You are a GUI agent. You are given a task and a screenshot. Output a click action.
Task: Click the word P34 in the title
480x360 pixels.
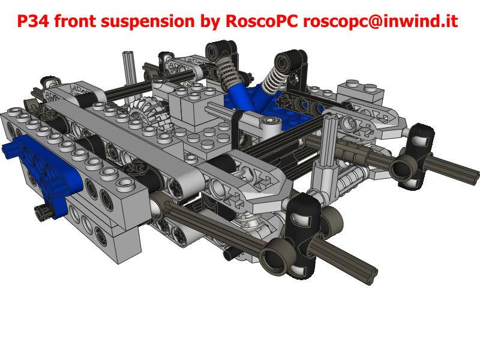[x=33, y=21]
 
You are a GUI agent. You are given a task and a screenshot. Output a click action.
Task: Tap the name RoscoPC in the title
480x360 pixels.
[x=262, y=21]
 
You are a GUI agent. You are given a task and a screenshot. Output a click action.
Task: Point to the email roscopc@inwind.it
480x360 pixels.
[x=380, y=22]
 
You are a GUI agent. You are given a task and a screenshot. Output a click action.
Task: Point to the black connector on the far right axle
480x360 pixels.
[x=420, y=156]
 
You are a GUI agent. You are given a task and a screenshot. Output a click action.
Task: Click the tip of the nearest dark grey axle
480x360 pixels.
[x=371, y=275]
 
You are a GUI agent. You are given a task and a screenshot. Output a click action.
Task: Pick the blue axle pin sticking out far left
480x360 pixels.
[x=10, y=149]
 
